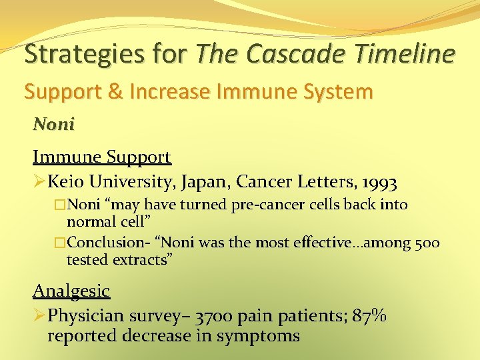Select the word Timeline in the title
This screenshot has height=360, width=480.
tap(413, 53)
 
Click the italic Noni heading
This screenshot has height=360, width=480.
tap(54, 125)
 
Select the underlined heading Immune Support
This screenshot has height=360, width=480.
tap(102, 157)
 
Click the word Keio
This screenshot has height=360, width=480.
tap(68, 181)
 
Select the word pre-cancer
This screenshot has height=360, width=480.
tap(264, 205)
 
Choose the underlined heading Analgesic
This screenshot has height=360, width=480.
tap(71, 291)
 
